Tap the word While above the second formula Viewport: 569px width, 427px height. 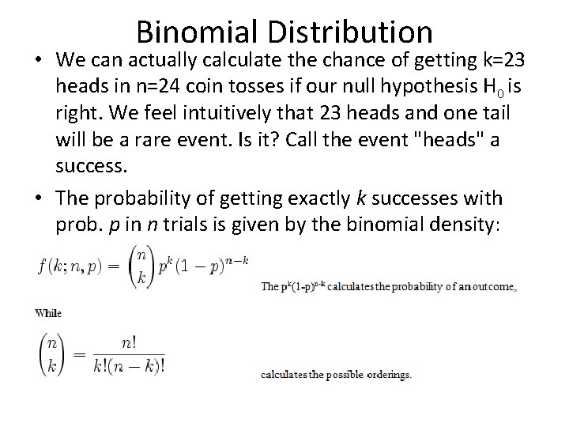click(x=49, y=313)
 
